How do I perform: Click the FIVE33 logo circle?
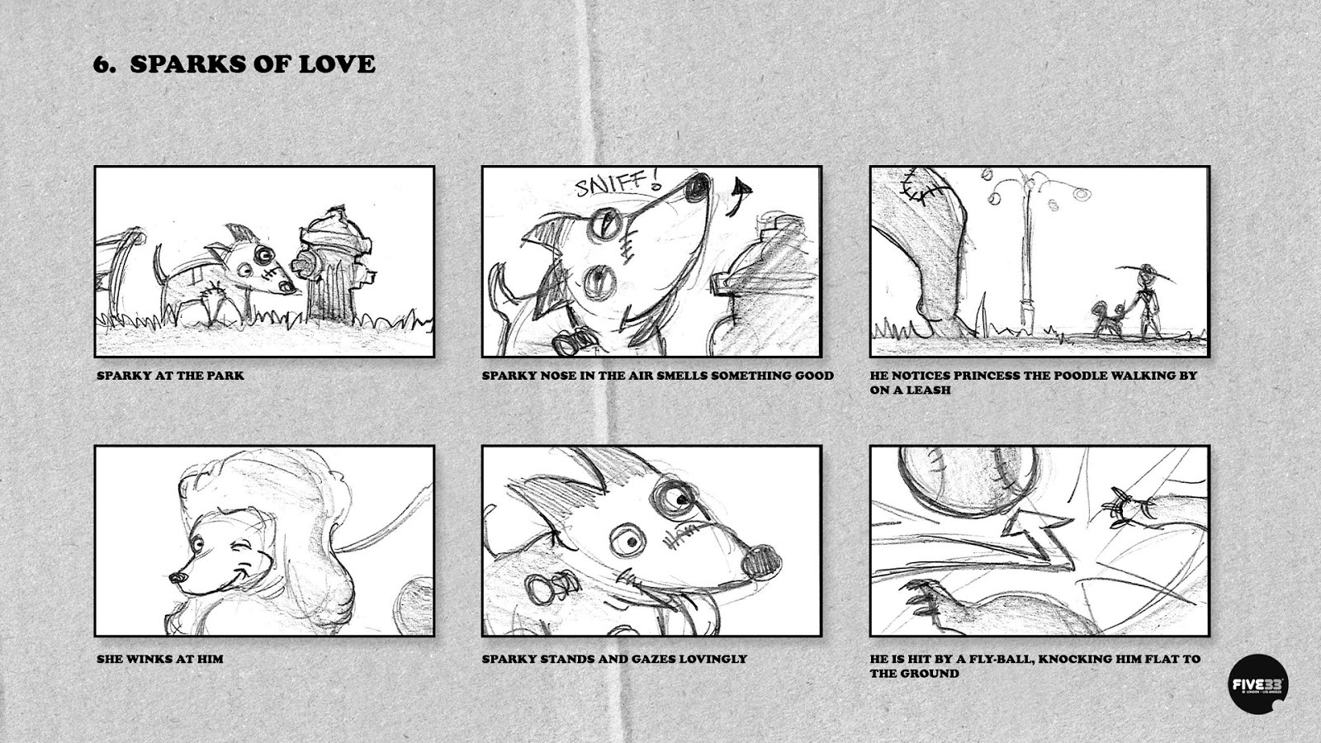1258,684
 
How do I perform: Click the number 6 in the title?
101,64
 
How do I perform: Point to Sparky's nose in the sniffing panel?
698,187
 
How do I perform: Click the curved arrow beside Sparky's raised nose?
738,196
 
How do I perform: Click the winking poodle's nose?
177,577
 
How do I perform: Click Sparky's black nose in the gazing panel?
760,561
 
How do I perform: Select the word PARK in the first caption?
225,376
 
